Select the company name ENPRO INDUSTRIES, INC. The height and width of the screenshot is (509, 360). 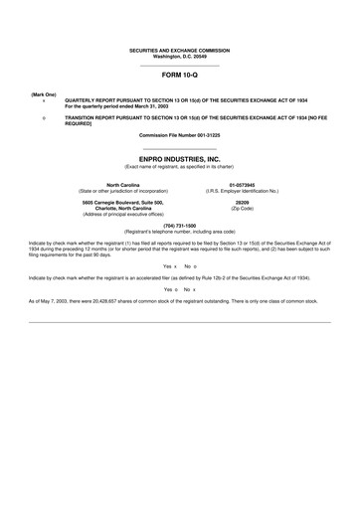[x=180, y=158]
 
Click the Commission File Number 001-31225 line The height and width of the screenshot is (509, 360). [x=180, y=134]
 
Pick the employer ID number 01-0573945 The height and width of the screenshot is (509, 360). [x=242, y=184]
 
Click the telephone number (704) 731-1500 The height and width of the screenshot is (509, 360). [x=180, y=225]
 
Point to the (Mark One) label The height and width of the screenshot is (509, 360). [x=44, y=93]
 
